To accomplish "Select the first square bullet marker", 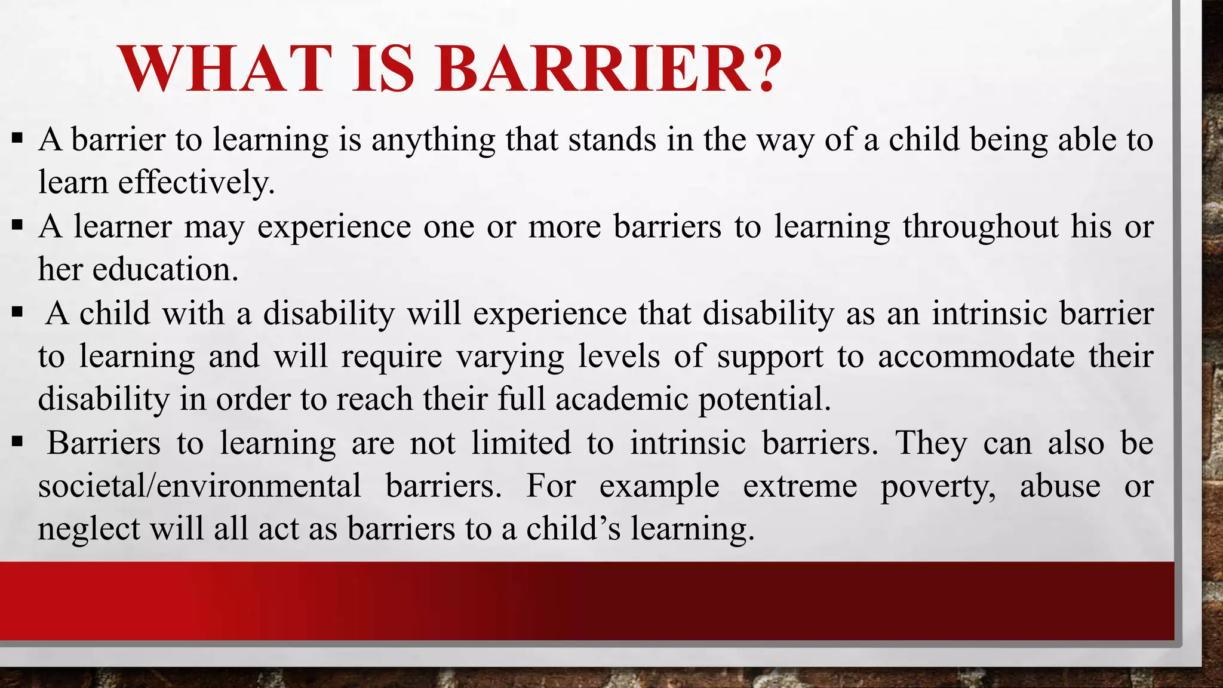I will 17,139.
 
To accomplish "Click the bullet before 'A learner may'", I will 17,226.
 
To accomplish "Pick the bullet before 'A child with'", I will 17,312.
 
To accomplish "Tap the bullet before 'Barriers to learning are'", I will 17,443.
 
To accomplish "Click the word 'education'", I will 165,269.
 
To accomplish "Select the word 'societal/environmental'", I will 199,486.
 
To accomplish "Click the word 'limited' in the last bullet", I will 521,443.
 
